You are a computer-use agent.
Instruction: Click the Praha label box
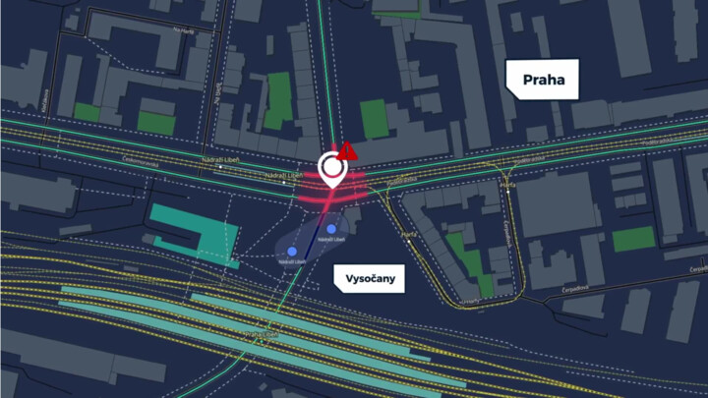click(x=544, y=80)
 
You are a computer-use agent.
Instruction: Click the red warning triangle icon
click(x=347, y=150)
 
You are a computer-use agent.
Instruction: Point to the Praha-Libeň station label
click(x=258, y=335)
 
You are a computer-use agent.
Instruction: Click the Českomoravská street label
click(x=140, y=159)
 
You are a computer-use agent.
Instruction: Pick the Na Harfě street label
click(x=184, y=30)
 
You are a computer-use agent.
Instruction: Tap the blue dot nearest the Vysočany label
click(x=331, y=229)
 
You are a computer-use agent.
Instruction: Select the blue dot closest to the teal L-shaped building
click(x=292, y=252)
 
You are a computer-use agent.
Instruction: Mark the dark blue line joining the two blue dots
click(x=313, y=240)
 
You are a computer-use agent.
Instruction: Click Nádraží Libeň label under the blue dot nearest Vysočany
click(x=332, y=239)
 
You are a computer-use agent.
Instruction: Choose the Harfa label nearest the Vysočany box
click(x=409, y=235)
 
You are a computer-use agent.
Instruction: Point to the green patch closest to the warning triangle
click(x=374, y=118)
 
